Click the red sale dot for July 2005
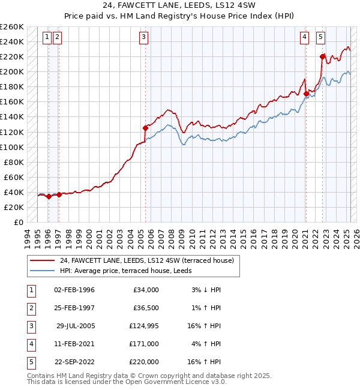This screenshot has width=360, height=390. pyautogui.click(x=145, y=127)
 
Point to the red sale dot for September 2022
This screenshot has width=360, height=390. pyautogui.click(x=322, y=56)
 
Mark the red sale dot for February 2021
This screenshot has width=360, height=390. pyautogui.click(x=306, y=94)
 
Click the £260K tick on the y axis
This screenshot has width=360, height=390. pyautogui.click(x=12, y=27)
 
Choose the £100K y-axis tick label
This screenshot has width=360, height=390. pyautogui.click(x=12, y=147)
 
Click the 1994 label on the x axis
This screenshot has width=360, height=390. pyautogui.click(x=27, y=238)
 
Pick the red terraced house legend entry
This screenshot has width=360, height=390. pyautogui.click(x=150, y=260)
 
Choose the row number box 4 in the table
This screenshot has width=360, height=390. pyautogui.click(x=30, y=344)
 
